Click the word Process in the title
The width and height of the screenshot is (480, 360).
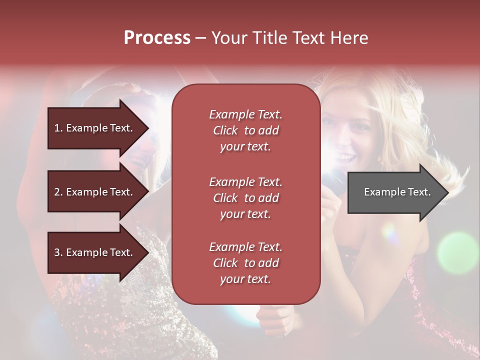point(157,38)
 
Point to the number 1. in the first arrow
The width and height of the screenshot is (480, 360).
point(58,128)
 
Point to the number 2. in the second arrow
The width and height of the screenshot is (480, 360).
point(58,192)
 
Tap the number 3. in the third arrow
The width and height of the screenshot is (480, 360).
point(58,252)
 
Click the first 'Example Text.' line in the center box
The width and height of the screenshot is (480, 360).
point(245,114)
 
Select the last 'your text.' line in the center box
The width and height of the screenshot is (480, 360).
point(245,279)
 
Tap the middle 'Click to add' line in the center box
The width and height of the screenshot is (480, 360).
point(245,198)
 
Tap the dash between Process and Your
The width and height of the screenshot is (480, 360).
point(200,38)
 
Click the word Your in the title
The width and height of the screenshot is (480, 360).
point(228,38)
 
